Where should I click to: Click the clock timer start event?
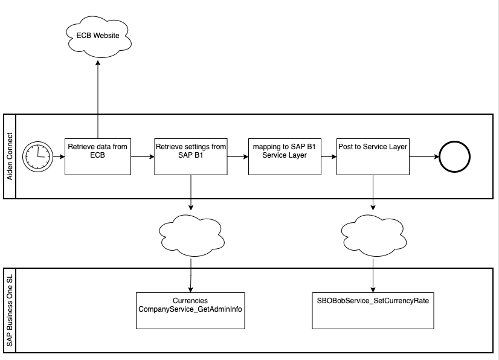[x=37, y=156]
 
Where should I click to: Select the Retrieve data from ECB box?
[x=98, y=156]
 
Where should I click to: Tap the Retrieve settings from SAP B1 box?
[x=191, y=156]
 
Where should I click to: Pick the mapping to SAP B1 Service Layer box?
[x=284, y=156]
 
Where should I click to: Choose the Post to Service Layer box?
[x=373, y=156]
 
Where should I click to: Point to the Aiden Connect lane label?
[x=9, y=156]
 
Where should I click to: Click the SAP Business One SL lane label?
[x=9, y=310]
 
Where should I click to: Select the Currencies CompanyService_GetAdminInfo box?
[x=190, y=310]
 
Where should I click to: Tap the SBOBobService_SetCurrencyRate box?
[x=373, y=310]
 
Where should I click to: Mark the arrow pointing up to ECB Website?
[x=98, y=97]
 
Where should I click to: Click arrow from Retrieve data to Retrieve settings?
[x=143, y=157]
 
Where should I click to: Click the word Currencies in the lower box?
[x=190, y=300]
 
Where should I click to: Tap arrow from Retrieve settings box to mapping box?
[x=237, y=157]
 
